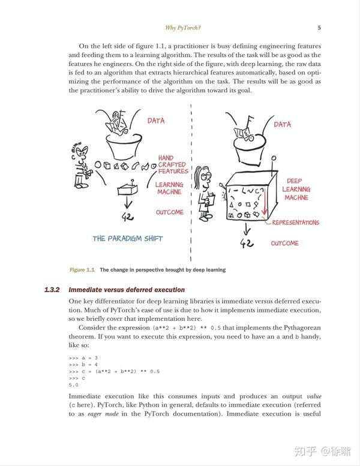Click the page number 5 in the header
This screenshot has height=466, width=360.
click(319, 28)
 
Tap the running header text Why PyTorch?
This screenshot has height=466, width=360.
click(184, 28)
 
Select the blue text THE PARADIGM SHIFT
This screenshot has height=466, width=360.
click(128, 238)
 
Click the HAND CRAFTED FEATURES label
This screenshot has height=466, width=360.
click(173, 164)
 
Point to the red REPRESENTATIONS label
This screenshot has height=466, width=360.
click(295, 223)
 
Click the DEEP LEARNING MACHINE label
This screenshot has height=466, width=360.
click(296, 189)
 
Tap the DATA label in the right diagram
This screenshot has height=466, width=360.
click(283, 125)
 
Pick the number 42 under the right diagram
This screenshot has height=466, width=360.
click(247, 243)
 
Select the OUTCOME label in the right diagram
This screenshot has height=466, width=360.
click(284, 243)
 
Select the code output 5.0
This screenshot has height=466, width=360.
click(74, 386)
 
